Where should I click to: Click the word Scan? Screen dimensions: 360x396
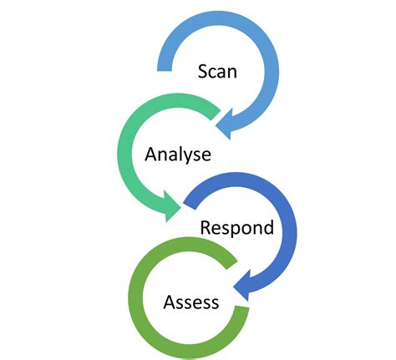[217, 71]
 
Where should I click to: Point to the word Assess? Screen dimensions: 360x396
[191, 301]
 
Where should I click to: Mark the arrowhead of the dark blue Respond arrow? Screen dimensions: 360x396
[243, 287]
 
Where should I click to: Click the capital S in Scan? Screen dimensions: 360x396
[203, 71]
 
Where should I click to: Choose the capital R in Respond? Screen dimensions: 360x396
[205, 227]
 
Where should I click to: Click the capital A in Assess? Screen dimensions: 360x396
[170, 301]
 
